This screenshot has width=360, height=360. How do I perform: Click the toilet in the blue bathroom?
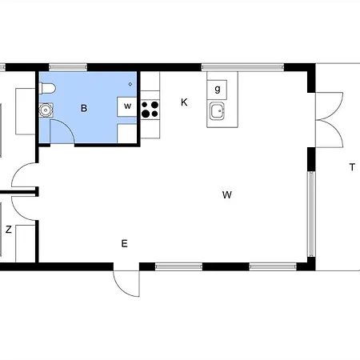(x=47, y=88)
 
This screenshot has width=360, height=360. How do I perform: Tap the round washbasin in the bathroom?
(x=46, y=110)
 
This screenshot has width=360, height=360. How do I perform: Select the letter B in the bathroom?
(x=84, y=108)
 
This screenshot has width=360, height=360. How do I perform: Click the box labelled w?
(x=127, y=106)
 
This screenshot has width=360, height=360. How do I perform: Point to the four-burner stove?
(x=150, y=110)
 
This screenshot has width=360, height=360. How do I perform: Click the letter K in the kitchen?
(x=184, y=102)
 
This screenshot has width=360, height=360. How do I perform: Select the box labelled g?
(x=217, y=90)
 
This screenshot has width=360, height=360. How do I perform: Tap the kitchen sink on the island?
(x=217, y=111)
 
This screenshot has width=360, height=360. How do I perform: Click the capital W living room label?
(x=227, y=194)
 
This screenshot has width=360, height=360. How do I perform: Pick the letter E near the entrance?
(x=124, y=243)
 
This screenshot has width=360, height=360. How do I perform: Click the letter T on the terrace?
(x=352, y=167)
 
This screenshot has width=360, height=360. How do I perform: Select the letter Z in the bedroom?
(x=9, y=230)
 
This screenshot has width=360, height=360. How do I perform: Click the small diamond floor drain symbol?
(x=130, y=84)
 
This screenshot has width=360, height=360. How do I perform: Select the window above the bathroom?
(x=68, y=67)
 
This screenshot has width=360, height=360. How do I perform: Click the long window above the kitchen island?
(x=242, y=67)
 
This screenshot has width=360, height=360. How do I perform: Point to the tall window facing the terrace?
(x=311, y=214)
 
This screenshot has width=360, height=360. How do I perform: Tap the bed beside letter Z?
(x=26, y=243)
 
